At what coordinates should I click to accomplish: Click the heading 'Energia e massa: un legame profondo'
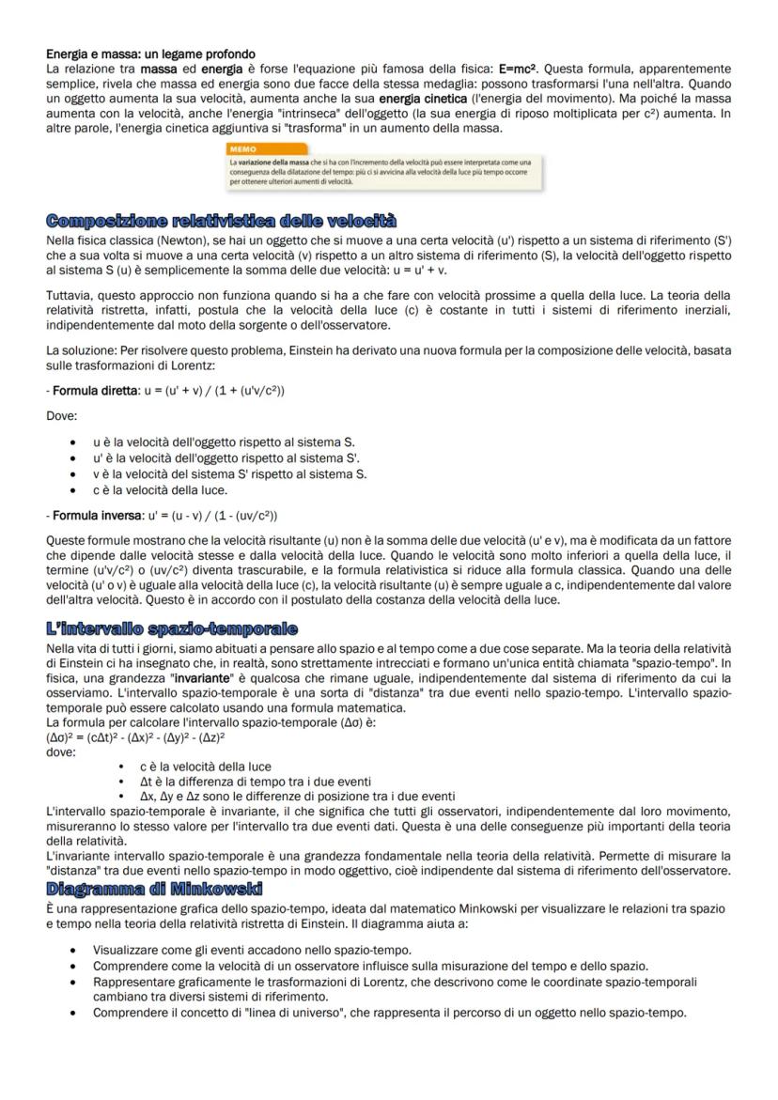pyautogui.click(x=150, y=53)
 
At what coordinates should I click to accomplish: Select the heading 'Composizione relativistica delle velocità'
pyautogui.click(x=221, y=221)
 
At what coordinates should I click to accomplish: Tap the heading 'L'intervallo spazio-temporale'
pyautogui.click(x=172, y=627)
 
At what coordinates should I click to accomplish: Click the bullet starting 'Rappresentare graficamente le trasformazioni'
pyautogui.click(x=395, y=981)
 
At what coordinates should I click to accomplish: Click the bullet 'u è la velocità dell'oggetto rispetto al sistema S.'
pyautogui.click(x=224, y=441)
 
